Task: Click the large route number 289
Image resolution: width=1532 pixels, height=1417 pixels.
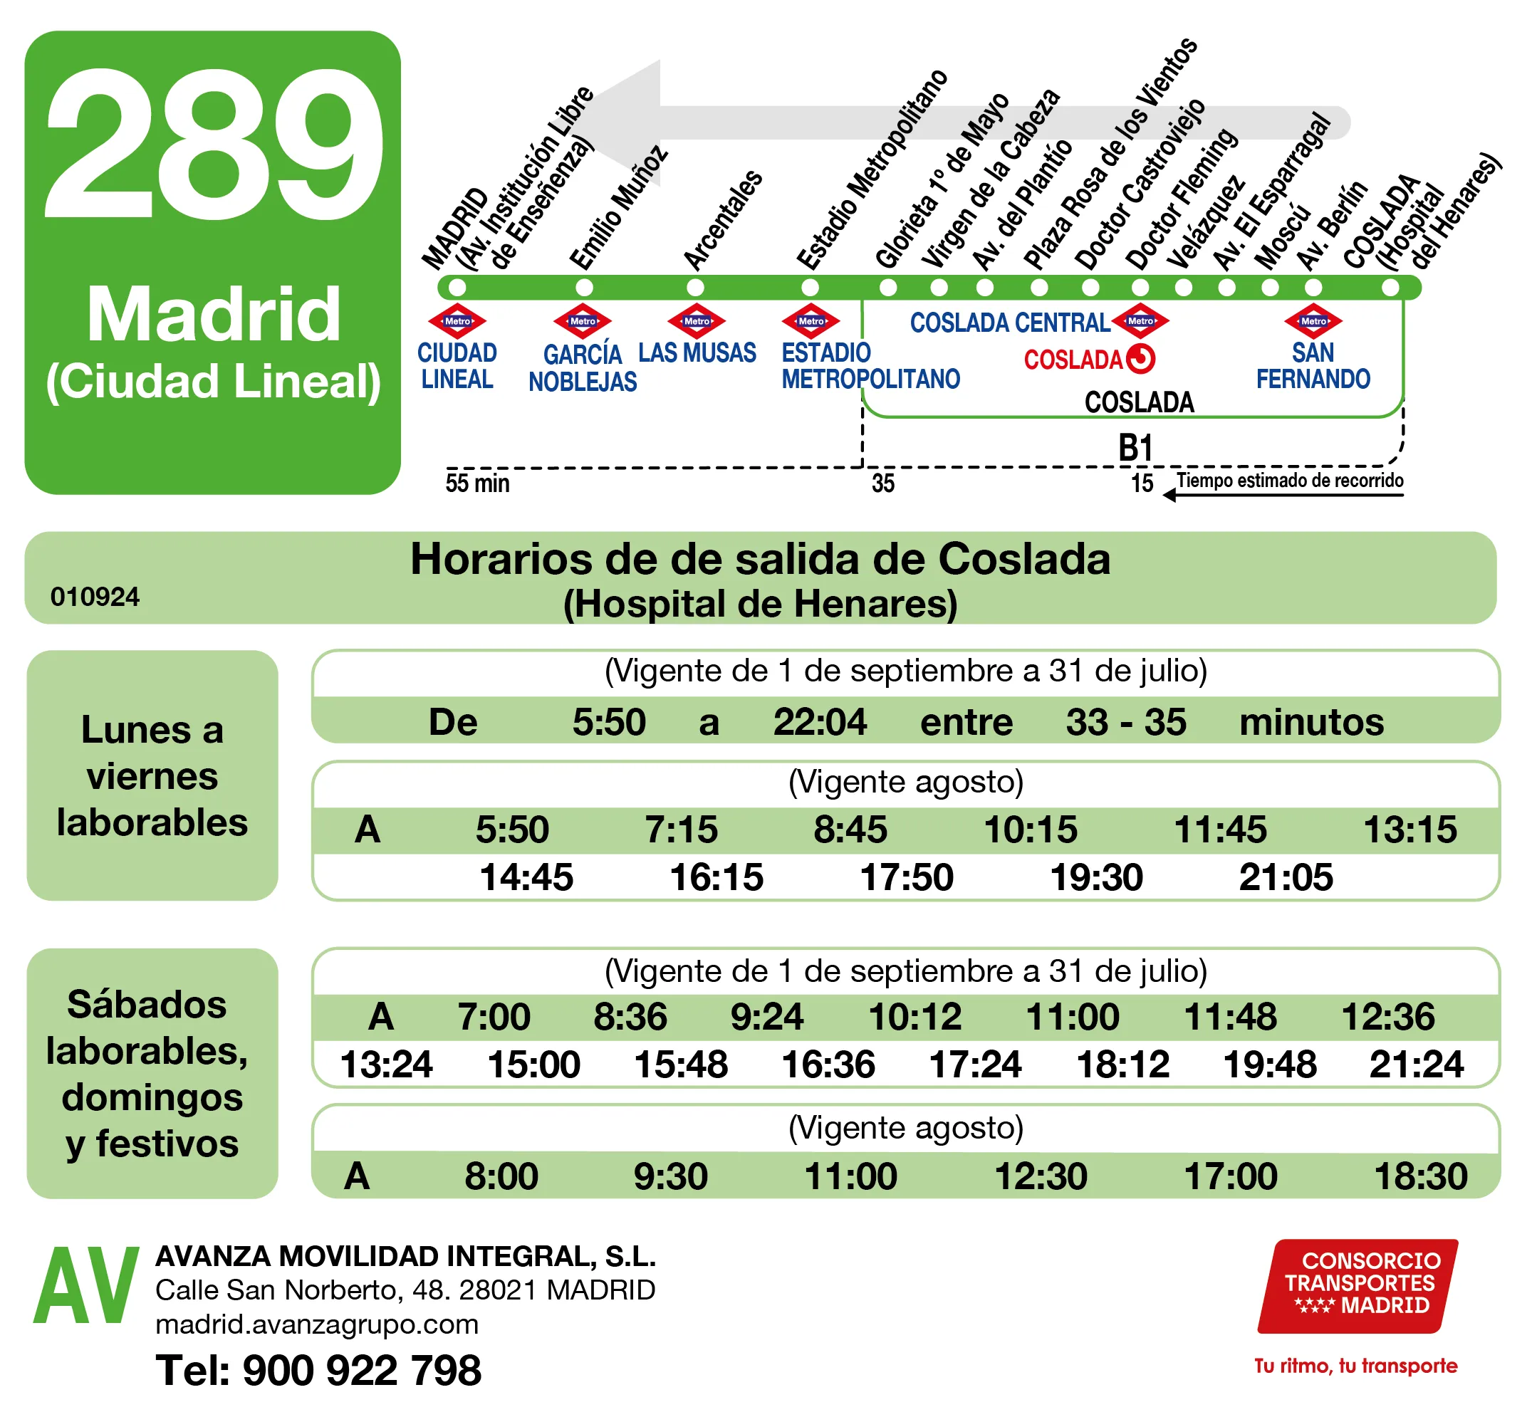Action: (x=213, y=146)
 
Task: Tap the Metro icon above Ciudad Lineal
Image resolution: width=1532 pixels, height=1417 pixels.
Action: (x=457, y=321)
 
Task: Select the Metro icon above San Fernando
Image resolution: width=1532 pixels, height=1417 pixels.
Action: (x=1313, y=321)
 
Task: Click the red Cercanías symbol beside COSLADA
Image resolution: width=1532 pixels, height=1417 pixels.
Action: (x=1140, y=359)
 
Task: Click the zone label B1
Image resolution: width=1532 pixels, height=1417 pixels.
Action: (x=1135, y=448)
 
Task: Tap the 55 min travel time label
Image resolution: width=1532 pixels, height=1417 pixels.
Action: (x=477, y=483)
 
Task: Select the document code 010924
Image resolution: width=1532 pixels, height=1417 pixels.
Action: (x=95, y=597)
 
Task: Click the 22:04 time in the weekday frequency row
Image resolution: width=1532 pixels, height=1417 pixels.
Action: (x=819, y=721)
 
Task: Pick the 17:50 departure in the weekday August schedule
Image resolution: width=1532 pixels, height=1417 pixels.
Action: (x=907, y=877)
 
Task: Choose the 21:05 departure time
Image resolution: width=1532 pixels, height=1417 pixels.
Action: (x=1286, y=877)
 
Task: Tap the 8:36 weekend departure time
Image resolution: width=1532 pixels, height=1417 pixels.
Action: (x=630, y=1017)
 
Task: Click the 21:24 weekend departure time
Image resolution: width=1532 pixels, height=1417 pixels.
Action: (x=1415, y=1065)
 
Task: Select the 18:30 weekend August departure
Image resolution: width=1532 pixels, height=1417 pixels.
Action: (x=1420, y=1176)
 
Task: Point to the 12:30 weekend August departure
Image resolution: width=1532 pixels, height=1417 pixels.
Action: (x=1041, y=1176)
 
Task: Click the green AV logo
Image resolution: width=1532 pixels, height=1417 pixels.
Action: (x=86, y=1288)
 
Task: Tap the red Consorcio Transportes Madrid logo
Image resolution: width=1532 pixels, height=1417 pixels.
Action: (x=1358, y=1285)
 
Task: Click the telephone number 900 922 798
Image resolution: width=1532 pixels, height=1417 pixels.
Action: (x=361, y=1370)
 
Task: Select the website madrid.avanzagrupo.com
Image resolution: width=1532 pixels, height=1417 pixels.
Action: (x=317, y=1324)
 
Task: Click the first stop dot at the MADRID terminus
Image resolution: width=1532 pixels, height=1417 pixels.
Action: (x=457, y=288)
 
